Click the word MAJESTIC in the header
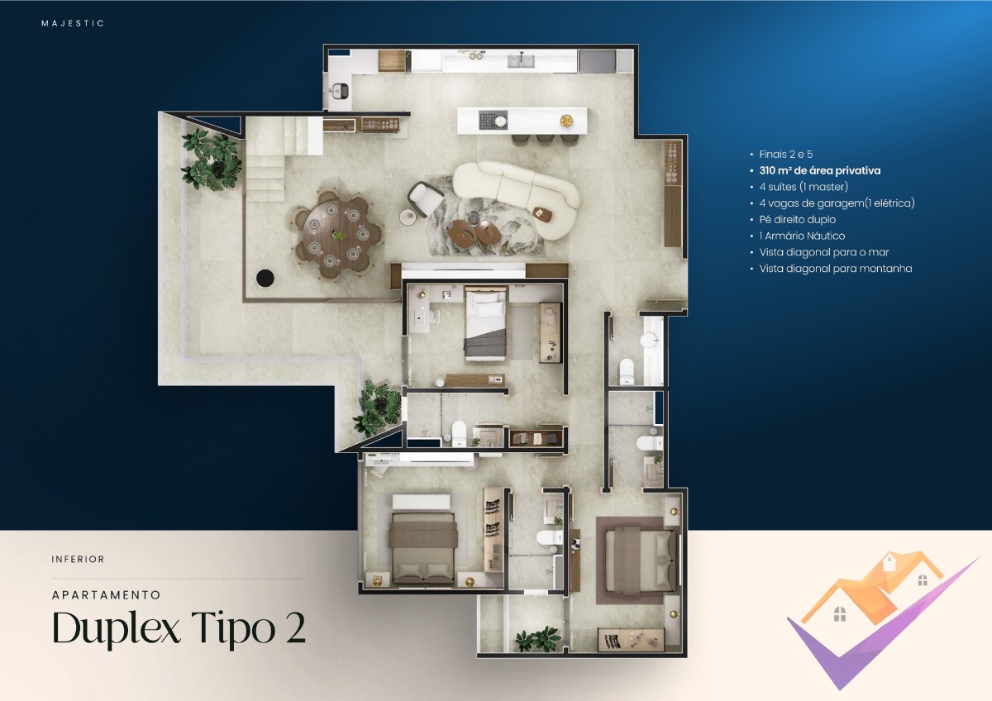[x=73, y=23]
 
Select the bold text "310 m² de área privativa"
[x=819, y=171]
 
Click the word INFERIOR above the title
[x=78, y=560]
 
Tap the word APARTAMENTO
[x=106, y=594]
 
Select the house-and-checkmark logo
[x=876, y=616]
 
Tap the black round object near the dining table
[x=265, y=279]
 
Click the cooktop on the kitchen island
[x=494, y=120]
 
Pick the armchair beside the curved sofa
[x=426, y=198]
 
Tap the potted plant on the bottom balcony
[x=537, y=638]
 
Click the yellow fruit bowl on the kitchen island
[x=566, y=121]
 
